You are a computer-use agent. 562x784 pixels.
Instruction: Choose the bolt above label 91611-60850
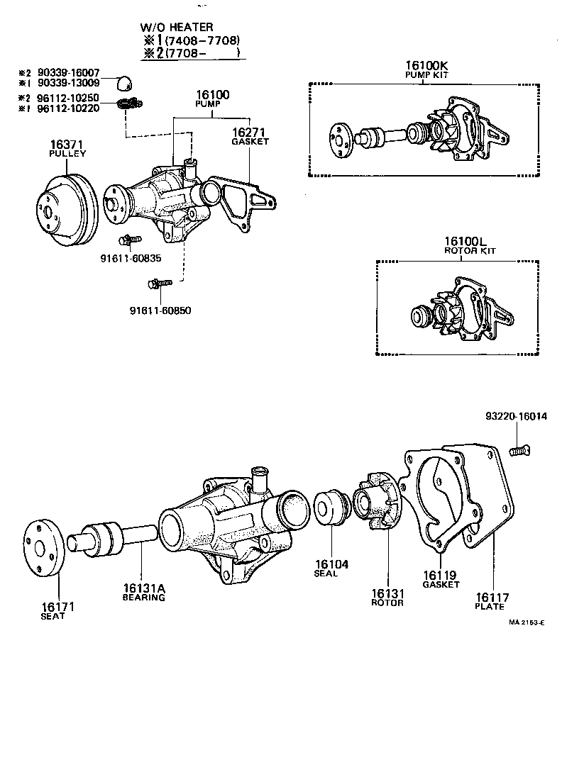click(159, 284)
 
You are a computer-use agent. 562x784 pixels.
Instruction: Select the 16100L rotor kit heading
click(470, 242)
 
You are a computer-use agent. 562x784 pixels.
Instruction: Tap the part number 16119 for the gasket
click(440, 575)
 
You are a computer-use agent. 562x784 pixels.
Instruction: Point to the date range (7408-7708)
click(202, 40)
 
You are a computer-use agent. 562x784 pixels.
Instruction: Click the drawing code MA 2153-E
click(526, 624)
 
